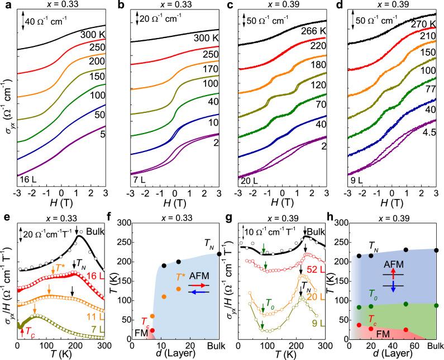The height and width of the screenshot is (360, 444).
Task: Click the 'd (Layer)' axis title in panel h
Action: (x=389, y=354)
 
